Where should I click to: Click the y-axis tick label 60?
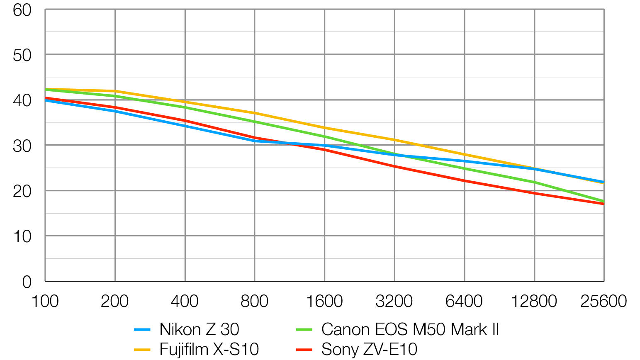[22, 10]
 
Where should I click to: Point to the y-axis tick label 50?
[22, 55]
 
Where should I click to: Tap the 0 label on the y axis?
[27, 282]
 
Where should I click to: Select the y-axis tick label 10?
[22, 237]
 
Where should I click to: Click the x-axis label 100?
[45, 301]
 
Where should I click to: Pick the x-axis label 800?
[254, 301]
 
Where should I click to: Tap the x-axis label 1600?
[324, 301]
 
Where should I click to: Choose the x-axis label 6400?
[464, 301]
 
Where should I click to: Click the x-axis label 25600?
[603, 301]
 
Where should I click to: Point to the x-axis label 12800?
[533, 301]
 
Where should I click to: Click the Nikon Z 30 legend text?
[199, 330]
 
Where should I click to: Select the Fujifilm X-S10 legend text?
[209, 349]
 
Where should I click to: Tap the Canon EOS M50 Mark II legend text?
[410, 330]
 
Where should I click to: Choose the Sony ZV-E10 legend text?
[369, 349]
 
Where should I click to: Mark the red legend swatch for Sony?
[304, 350]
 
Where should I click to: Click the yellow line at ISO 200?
[115, 91]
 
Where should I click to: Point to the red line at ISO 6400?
[464, 181]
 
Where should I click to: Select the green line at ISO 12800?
[534, 182]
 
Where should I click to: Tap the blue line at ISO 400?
[185, 126]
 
